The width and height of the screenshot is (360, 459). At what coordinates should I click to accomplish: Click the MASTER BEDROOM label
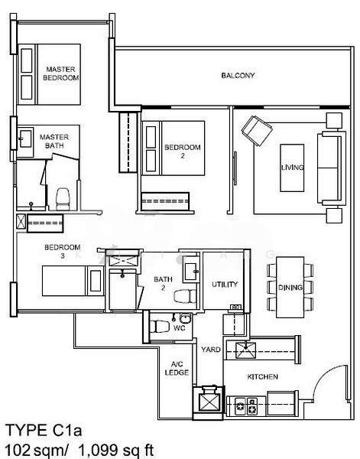point(61,73)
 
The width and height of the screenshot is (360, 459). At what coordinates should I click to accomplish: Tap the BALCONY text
point(238,76)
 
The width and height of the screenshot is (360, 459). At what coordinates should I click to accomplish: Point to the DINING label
point(291,288)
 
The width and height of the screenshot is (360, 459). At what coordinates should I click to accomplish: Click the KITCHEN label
point(262,377)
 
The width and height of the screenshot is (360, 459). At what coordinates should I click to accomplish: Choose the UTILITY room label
point(225,285)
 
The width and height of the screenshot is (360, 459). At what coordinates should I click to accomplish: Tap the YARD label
point(211,349)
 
